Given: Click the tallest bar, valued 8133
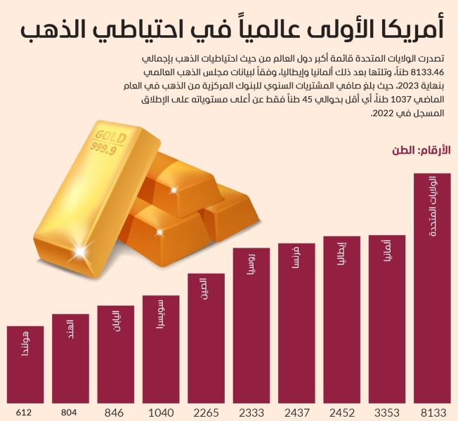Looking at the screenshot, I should tap(431, 288).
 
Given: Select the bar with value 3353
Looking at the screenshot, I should tap(386, 319).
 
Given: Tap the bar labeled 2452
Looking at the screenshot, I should tap(341, 320).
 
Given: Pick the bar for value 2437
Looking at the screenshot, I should tap(296, 323).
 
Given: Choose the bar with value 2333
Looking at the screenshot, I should tap(251, 326).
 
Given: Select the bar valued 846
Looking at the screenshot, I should tap(116, 354).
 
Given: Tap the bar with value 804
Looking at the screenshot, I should tap(71, 359).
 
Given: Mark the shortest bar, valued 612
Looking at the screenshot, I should tap(26, 365).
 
